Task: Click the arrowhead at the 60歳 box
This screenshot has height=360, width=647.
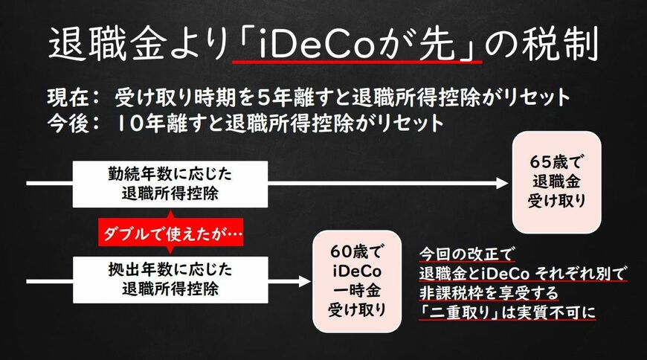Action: (304, 280)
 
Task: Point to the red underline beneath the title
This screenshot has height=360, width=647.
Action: (356, 63)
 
